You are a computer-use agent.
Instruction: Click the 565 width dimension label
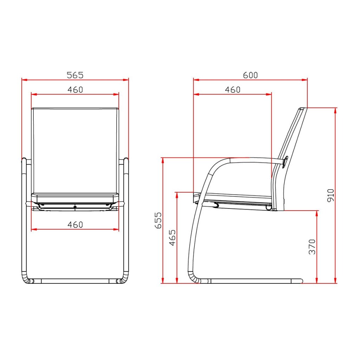pyautogui.click(x=75, y=75)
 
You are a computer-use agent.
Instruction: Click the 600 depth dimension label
pyautogui.click(x=250, y=75)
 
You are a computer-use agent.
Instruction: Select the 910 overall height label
pyautogui.click(x=330, y=195)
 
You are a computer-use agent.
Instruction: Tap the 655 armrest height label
pyautogui.click(x=158, y=220)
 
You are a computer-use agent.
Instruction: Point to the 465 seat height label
pyautogui.click(x=172, y=238)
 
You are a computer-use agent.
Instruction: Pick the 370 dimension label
pyautogui.click(x=312, y=247)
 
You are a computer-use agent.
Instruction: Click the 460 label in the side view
pyautogui.click(x=233, y=90)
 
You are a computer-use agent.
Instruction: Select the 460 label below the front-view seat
pyautogui.click(x=75, y=225)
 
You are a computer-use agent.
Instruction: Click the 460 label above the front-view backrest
pyautogui.click(x=75, y=90)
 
